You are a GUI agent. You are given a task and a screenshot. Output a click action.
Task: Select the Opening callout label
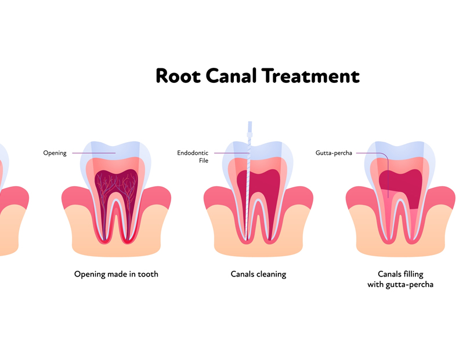tap(55, 153)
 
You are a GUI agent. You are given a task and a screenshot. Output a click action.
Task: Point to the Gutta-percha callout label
tap(334, 153)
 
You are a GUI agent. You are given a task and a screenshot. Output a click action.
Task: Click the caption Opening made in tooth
tap(116, 274)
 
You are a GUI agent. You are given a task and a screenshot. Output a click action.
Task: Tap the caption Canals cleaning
tap(258, 274)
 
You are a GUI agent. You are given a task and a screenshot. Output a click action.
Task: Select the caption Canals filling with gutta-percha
tap(400, 279)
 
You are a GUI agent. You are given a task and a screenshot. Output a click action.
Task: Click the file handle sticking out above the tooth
tap(250, 129)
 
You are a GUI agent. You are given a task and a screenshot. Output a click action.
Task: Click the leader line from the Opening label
tap(93, 153)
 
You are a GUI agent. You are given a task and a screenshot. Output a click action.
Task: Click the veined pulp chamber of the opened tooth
tap(116, 183)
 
